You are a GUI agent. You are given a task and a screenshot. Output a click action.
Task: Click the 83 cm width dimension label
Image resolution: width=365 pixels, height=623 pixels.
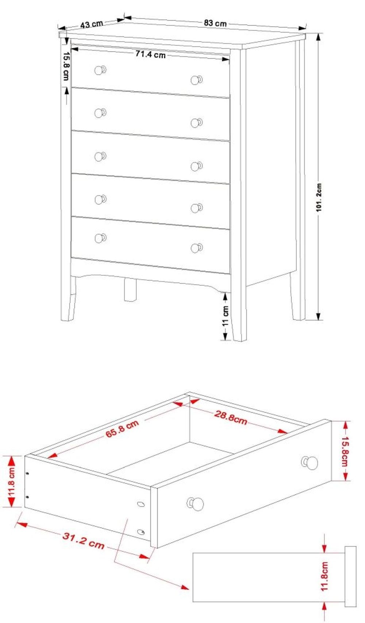(215, 23)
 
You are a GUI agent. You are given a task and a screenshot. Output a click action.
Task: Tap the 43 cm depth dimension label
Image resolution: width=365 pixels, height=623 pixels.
(92, 24)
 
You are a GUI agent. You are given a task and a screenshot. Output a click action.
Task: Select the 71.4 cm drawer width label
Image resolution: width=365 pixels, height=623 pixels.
(150, 54)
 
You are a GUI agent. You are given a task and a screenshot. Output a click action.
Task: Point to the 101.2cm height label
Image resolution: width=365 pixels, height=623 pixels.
(319, 197)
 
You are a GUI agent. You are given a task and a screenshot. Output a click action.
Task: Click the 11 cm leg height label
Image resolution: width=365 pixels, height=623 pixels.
(226, 316)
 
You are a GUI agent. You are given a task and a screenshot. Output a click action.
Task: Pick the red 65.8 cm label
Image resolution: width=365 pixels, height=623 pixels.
(122, 429)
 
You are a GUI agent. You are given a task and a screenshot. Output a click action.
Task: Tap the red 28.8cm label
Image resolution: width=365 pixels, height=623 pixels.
(230, 418)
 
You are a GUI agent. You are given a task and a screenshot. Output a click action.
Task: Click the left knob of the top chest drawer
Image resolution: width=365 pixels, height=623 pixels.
(100, 70)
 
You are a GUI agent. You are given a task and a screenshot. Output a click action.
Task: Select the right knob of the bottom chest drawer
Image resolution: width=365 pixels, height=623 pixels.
(197, 248)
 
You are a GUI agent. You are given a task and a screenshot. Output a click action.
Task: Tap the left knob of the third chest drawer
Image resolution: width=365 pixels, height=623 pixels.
(100, 156)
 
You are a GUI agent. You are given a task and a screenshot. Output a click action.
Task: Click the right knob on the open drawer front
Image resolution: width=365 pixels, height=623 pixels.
(310, 463)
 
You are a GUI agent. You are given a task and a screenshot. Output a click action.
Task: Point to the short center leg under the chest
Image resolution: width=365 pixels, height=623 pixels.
(130, 290)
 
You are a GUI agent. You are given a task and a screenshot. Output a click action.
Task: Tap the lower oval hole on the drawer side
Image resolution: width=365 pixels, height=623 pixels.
(141, 532)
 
